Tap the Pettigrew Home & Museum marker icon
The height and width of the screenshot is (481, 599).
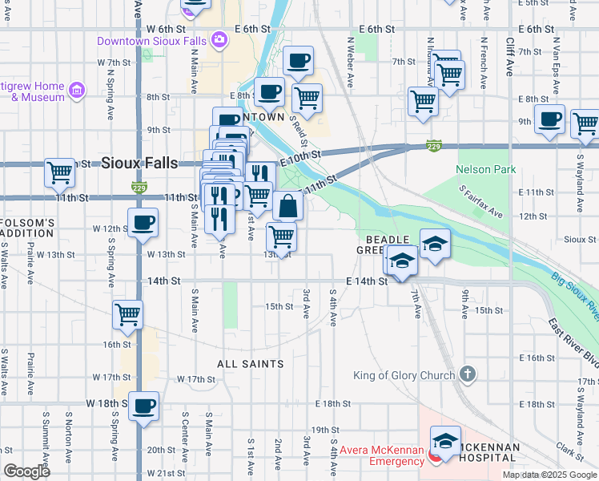tap(77, 91)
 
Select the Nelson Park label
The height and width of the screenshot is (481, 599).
tap(486, 169)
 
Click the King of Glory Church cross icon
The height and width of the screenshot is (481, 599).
tap(468, 374)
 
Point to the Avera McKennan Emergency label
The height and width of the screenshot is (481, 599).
tap(381, 455)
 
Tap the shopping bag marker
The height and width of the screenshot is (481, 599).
tap(287, 206)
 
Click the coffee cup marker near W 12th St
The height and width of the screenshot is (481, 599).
tap(143, 223)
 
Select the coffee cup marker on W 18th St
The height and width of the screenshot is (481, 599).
tap(144, 406)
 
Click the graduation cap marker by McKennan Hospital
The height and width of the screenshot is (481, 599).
tap(445, 442)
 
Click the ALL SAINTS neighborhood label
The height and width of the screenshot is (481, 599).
tap(250, 364)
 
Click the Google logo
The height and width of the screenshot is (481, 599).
tap(27, 471)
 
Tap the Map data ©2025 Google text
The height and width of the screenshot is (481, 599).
tap(549, 475)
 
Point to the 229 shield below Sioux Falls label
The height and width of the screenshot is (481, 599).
tap(137, 188)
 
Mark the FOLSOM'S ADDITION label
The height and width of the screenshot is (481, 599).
tap(28, 227)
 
